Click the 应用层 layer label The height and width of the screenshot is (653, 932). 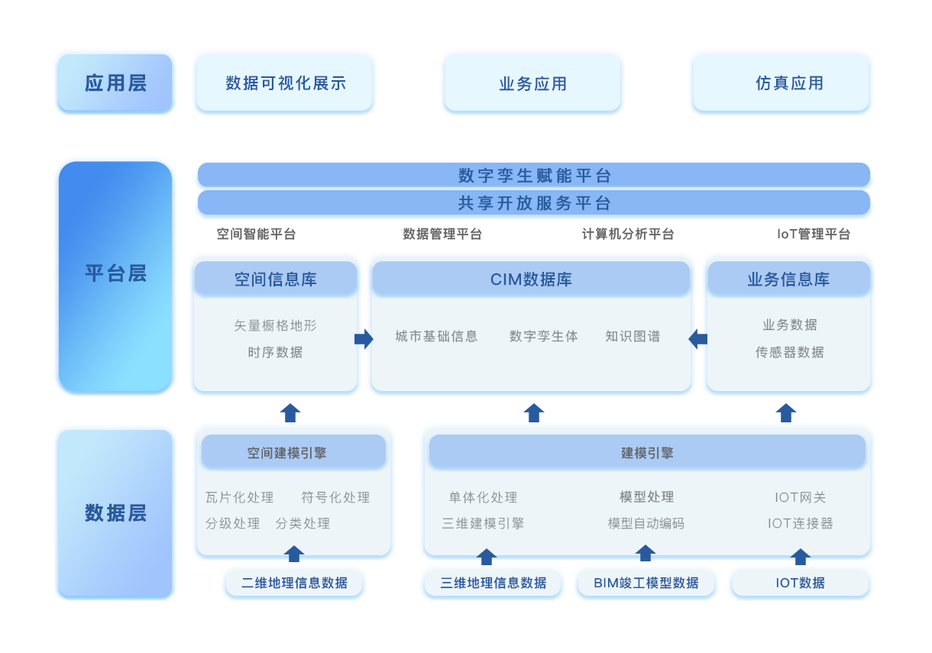coord(115,82)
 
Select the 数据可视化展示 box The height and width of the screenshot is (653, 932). coord(285,83)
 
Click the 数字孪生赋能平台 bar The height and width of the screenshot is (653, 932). coord(534,176)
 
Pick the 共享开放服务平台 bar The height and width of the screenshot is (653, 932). coord(534,203)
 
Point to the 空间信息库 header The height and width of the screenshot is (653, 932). coord(275,280)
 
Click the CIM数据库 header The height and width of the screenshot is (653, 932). coord(531,280)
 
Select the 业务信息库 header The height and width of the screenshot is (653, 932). coord(788,280)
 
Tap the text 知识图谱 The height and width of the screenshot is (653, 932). coord(633,336)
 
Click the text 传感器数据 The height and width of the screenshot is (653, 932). coord(789,352)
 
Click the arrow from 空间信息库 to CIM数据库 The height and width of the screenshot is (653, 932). coord(364,338)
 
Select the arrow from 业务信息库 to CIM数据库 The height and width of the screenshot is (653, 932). coord(698,338)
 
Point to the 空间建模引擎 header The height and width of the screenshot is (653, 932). coord(287,453)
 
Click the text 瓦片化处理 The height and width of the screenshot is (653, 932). coord(239,497)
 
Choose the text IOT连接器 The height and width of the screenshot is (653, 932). coord(800,523)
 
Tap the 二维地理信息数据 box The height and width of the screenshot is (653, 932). coord(294,583)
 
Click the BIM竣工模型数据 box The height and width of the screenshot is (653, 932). coord(646,583)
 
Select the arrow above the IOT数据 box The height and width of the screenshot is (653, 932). coord(800,556)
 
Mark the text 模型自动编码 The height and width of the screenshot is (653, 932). coord(646,523)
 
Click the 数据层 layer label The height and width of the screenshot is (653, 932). coord(115,512)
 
